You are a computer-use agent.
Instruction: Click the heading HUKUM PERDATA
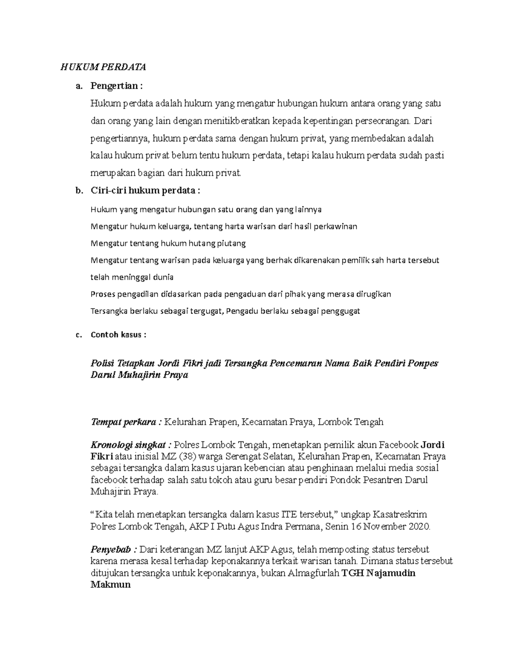(x=103, y=67)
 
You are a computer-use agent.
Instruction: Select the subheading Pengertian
(x=114, y=86)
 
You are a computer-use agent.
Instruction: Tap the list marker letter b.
(x=78, y=191)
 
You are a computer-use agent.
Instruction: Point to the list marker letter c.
(x=78, y=335)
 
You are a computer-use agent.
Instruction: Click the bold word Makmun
(x=111, y=584)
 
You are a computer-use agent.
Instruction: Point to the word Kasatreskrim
(x=400, y=515)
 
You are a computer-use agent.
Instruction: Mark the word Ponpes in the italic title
(x=423, y=364)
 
